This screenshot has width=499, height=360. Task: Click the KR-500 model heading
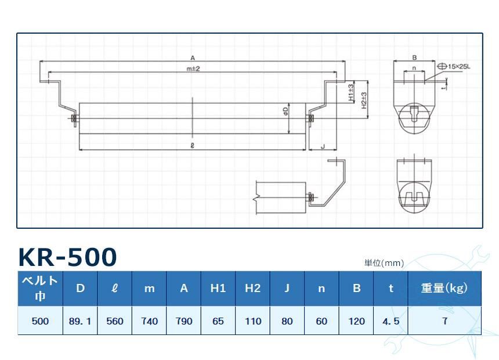coord(68,257)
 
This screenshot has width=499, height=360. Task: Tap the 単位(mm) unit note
coord(384,263)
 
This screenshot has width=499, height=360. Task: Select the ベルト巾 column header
coord(40,288)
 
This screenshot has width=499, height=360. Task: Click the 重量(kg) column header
coord(444,288)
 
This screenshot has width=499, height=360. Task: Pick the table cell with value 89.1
coord(80,321)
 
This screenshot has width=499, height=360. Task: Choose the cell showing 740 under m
coord(149,321)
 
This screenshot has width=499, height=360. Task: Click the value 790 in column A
coord(183,321)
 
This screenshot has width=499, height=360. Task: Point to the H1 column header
coord(218,288)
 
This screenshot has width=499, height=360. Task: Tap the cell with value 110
coord(252,321)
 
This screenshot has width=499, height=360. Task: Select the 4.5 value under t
coord(390,321)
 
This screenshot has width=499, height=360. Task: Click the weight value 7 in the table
coord(444,321)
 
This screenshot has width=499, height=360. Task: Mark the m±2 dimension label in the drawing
coord(193,69)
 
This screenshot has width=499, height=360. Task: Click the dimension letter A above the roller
coord(192,57)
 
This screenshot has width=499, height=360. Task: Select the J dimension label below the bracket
coord(322,147)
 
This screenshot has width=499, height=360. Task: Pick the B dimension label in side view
coord(414,57)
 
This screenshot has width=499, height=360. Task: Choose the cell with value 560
coord(115,321)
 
